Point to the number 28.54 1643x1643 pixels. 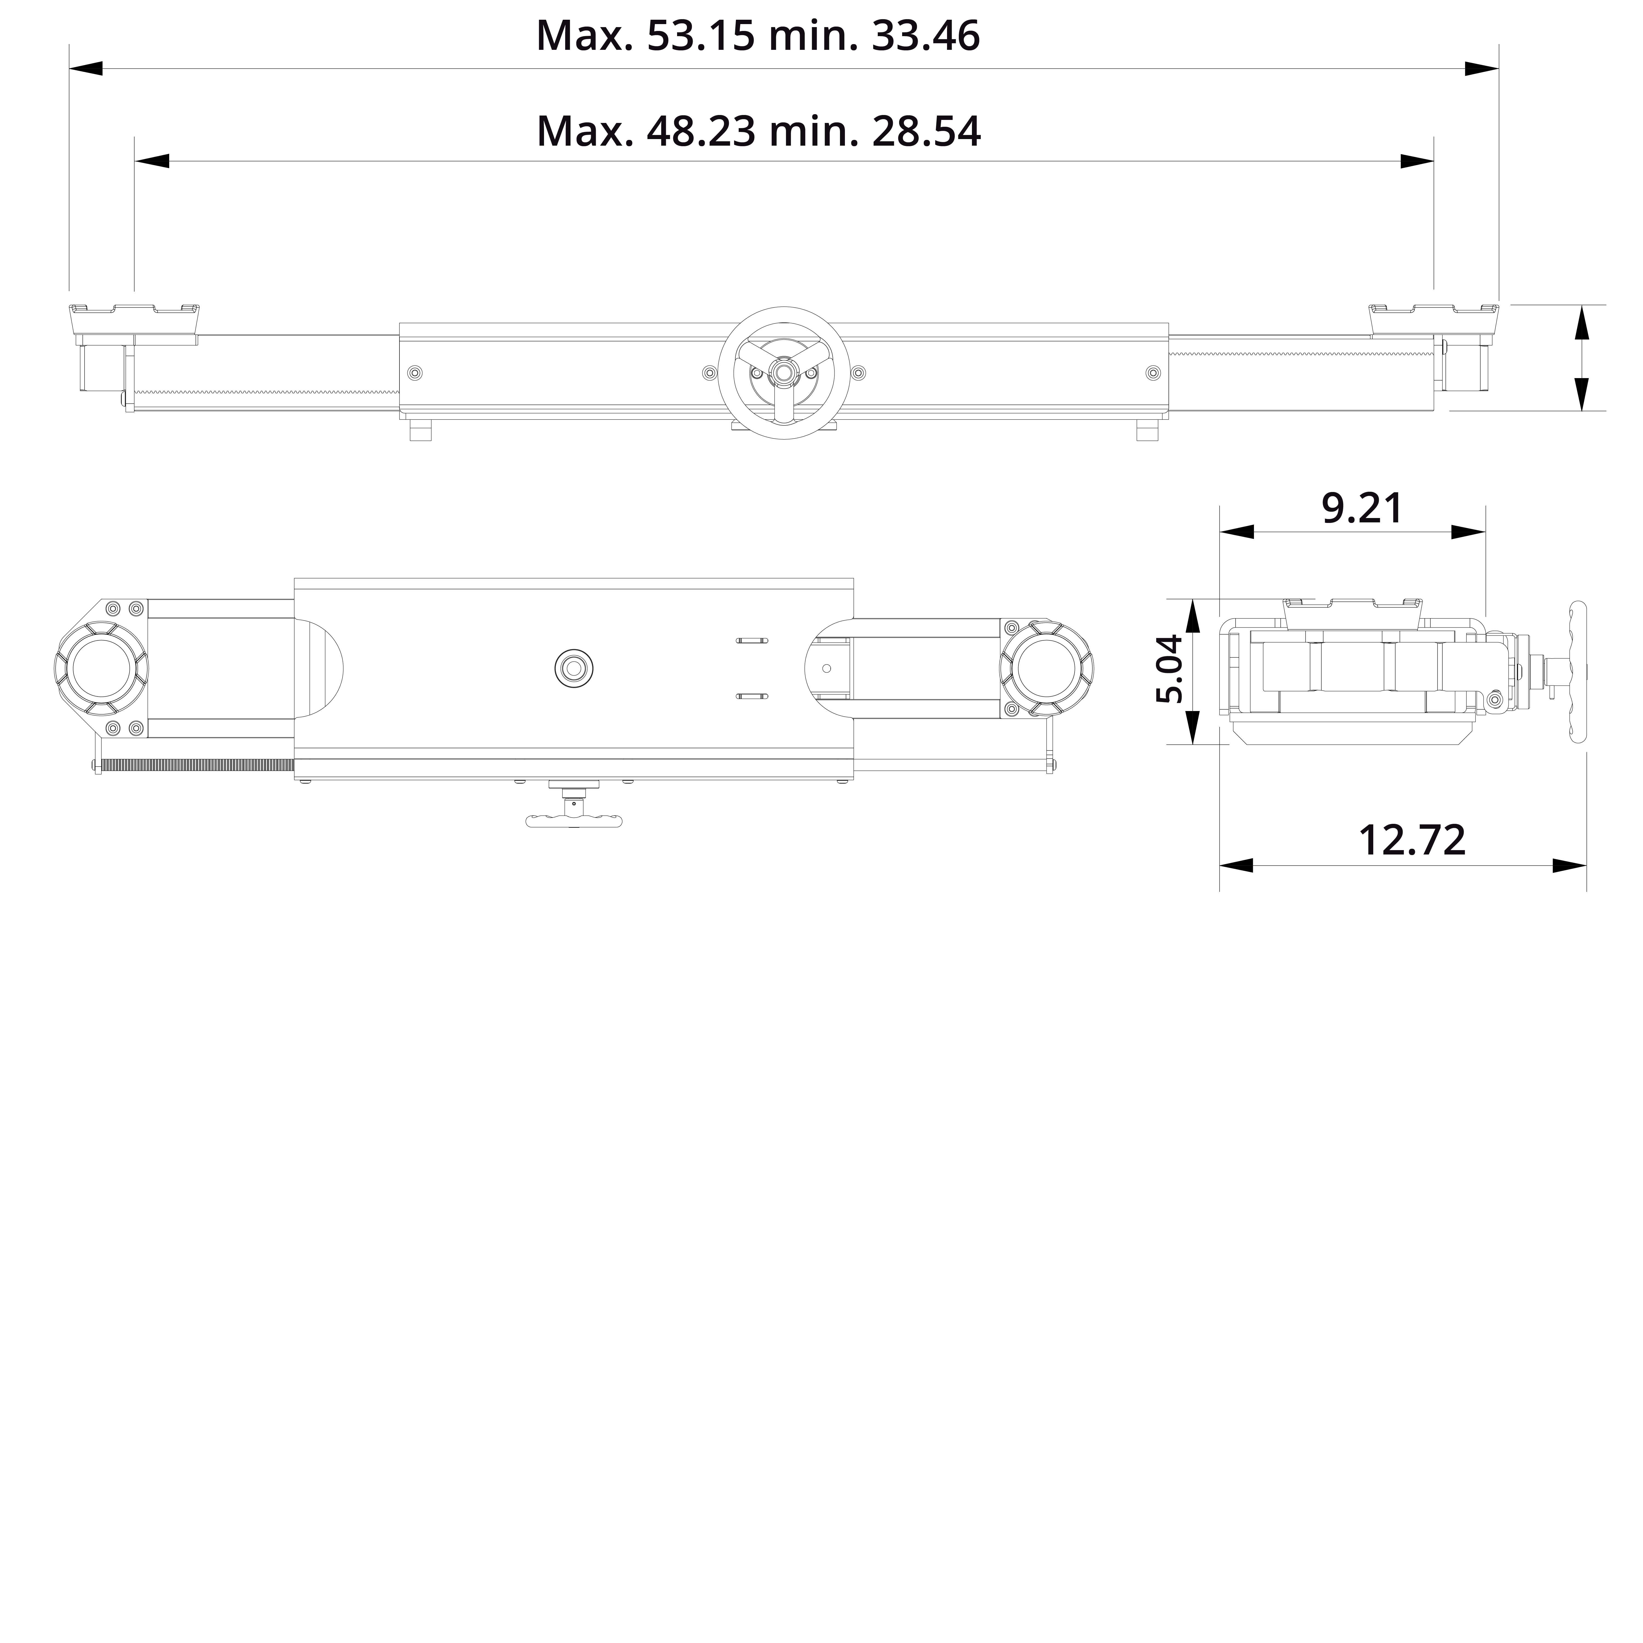point(926,132)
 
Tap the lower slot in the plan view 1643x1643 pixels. point(752,697)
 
